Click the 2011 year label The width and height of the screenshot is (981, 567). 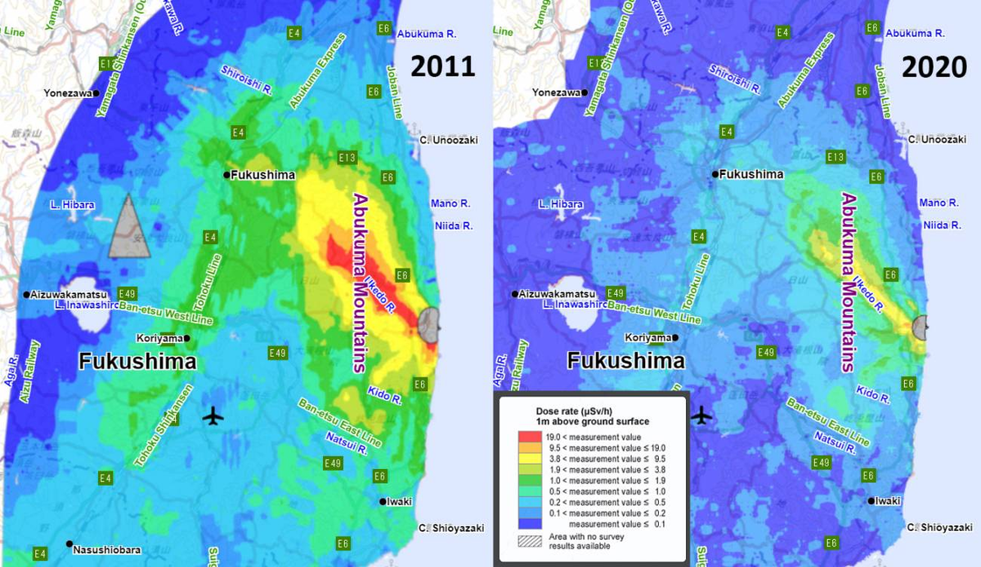(x=442, y=66)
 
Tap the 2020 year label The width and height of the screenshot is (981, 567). (x=934, y=66)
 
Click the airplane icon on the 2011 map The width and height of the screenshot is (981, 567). (x=213, y=416)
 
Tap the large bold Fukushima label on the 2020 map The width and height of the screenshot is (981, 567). (x=625, y=361)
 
